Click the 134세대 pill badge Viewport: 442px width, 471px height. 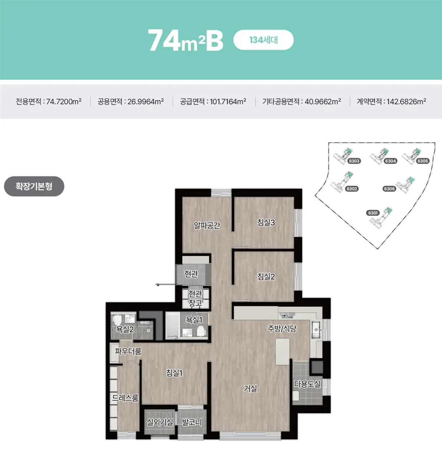coord(263,40)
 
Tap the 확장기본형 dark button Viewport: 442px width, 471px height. coord(34,186)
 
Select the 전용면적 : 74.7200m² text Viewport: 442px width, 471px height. coord(49,101)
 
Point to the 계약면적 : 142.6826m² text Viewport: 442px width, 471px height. coord(391,101)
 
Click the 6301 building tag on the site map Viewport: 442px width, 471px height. coord(373,213)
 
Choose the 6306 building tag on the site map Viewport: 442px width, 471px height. coord(389,189)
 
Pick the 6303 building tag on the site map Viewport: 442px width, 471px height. coord(354,161)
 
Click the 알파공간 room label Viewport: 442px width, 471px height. coord(207,225)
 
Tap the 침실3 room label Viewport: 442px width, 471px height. coord(266,222)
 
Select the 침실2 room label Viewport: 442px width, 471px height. coord(266,276)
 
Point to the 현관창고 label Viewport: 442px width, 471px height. coord(195,298)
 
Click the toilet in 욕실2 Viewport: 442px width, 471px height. coord(117,320)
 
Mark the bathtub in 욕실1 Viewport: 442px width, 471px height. coord(173,325)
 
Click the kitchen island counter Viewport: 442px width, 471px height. coord(283,352)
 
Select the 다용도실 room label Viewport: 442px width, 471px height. coord(307,384)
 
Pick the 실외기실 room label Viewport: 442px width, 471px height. coord(160,422)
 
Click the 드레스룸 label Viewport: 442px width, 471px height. coord(125,398)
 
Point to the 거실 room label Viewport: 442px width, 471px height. coord(250,388)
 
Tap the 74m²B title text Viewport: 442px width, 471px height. coord(186,40)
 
